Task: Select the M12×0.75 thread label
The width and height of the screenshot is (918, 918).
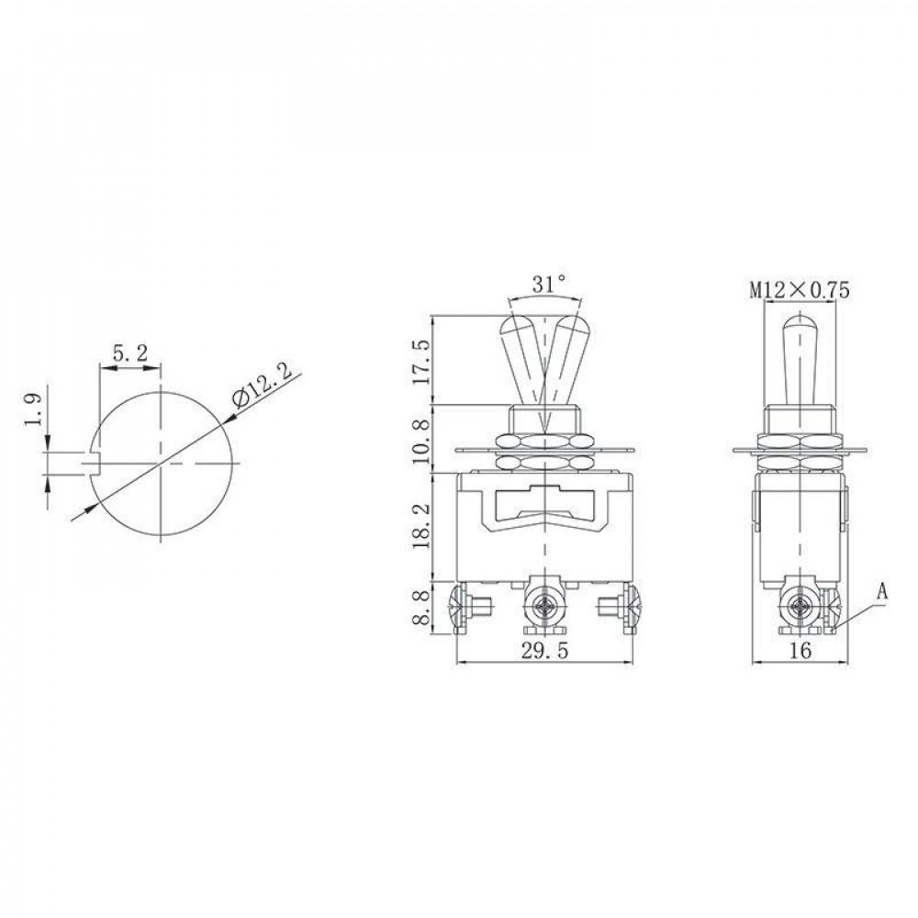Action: [x=800, y=290]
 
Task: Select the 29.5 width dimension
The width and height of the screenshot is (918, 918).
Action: [x=543, y=651]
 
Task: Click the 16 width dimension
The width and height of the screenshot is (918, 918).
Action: [x=800, y=651]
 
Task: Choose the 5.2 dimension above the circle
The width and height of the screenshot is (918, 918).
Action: [x=129, y=354]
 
